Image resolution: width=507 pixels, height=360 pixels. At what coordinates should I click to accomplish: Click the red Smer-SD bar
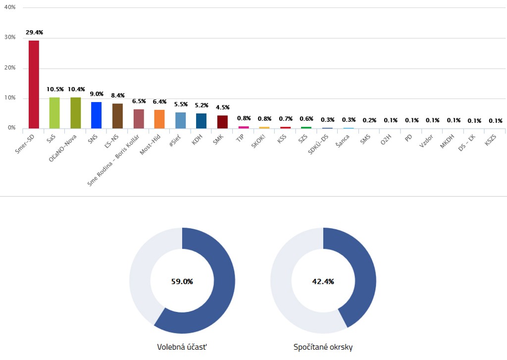(34, 84)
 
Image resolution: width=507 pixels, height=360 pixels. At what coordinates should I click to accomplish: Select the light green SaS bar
(54, 113)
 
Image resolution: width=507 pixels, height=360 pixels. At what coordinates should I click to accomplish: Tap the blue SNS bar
(96, 115)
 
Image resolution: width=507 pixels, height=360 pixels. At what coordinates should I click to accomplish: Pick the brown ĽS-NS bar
(117, 116)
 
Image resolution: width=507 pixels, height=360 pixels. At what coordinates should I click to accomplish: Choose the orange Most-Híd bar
(159, 119)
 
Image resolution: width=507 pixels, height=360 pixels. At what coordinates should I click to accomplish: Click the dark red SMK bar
(222, 122)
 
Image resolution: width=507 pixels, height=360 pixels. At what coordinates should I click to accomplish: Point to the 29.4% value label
(34, 32)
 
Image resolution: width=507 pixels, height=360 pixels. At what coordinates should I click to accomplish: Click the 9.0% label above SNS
(97, 94)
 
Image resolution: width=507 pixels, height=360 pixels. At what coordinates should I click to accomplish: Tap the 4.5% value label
(222, 107)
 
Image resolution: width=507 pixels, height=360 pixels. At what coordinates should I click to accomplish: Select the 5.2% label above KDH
(202, 105)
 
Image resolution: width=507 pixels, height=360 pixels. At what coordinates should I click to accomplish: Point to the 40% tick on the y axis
(9, 7)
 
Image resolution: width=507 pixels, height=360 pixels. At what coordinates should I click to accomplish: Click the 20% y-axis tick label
(9, 68)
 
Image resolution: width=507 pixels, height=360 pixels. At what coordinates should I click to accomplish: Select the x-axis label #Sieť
(177, 141)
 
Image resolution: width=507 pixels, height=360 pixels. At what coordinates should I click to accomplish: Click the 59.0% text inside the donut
(182, 281)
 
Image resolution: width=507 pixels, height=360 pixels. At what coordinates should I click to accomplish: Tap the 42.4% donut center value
(323, 281)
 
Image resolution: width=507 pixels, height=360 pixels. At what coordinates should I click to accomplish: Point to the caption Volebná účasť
(182, 347)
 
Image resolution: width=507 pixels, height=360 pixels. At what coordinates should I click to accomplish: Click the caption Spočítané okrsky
(323, 347)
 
